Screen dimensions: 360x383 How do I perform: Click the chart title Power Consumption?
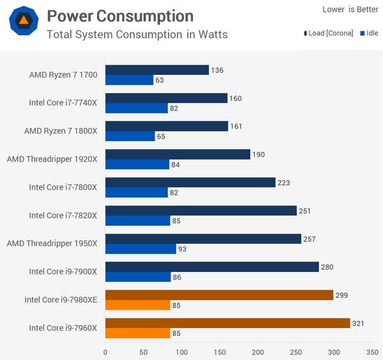click(x=120, y=16)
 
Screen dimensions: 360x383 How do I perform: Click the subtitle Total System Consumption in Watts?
click(x=137, y=34)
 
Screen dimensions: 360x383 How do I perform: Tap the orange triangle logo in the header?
click(x=23, y=22)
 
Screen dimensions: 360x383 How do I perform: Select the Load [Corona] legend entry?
click(x=328, y=33)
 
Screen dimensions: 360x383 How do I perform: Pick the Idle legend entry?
click(x=369, y=33)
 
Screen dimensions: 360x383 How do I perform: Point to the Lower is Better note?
click(x=350, y=9)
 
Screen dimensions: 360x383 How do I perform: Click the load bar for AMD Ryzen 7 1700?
click(x=157, y=70)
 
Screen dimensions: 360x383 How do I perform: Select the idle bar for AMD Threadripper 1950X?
click(x=141, y=249)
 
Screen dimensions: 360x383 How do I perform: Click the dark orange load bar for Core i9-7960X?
click(x=228, y=323)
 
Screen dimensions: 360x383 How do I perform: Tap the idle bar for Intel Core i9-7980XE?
click(x=138, y=305)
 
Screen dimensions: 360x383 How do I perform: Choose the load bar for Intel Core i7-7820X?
click(x=201, y=211)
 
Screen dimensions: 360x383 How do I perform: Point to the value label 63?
click(x=159, y=80)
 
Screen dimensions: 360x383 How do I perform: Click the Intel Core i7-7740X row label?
click(x=63, y=103)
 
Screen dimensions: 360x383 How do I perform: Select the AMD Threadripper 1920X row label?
click(x=52, y=159)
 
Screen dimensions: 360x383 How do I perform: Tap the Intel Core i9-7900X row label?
click(x=63, y=272)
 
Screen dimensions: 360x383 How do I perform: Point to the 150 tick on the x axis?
click(x=220, y=352)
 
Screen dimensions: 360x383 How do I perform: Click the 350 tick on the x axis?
click(x=372, y=352)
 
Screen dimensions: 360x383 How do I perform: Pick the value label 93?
click(x=182, y=249)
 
